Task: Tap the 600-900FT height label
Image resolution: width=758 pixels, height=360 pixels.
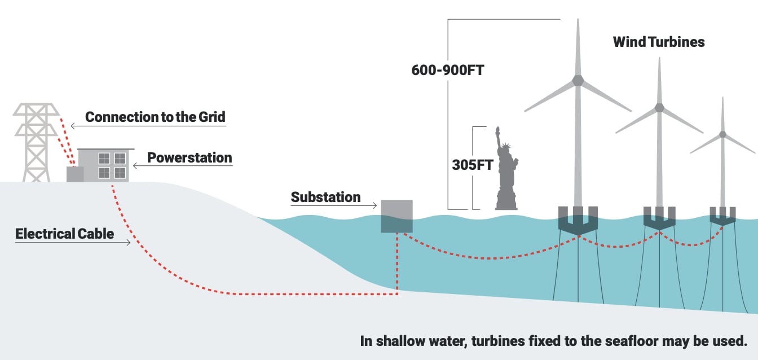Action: click(x=448, y=71)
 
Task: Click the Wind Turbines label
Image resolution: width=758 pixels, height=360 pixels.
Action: click(x=659, y=42)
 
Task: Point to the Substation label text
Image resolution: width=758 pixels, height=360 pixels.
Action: click(x=325, y=197)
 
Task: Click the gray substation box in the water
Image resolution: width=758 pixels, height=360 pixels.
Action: click(x=396, y=216)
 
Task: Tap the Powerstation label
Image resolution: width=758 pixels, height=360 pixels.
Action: click(x=189, y=157)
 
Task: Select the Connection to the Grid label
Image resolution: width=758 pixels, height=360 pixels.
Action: click(x=155, y=117)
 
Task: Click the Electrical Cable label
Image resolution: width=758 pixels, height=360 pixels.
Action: click(x=64, y=234)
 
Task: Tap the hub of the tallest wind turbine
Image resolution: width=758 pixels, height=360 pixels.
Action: click(x=578, y=80)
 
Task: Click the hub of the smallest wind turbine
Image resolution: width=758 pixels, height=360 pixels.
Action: click(x=722, y=134)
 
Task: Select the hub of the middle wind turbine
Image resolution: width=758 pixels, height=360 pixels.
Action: click(x=659, y=107)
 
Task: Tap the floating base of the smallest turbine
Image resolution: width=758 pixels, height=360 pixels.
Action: click(x=722, y=216)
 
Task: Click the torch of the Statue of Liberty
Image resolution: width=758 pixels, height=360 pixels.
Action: click(x=497, y=129)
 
